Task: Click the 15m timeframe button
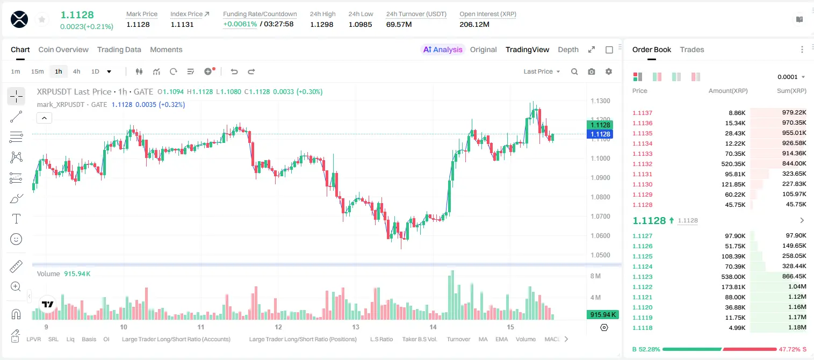click(x=37, y=71)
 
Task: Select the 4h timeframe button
click(x=76, y=71)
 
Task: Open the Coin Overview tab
click(x=63, y=49)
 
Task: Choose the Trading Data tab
click(x=119, y=49)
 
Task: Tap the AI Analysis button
click(x=443, y=49)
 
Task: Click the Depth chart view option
click(x=568, y=49)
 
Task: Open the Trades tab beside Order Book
click(x=692, y=49)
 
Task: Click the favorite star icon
click(x=42, y=19)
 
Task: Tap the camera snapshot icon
click(x=592, y=71)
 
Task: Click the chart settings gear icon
click(x=609, y=71)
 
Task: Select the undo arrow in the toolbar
click(x=234, y=71)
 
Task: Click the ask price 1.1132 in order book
click(x=642, y=164)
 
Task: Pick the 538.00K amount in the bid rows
click(x=733, y=277)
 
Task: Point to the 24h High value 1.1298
click(x=322, y=24)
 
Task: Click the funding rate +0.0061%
click(x=240, y=24)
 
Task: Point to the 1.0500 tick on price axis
click(x=600, y=255)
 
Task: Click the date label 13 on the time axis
click(x=355, y=327)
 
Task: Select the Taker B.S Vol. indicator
click(x=419, y=339)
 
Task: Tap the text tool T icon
click(x=16, y=219)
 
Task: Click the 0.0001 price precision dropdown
click(x=791, y=77)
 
